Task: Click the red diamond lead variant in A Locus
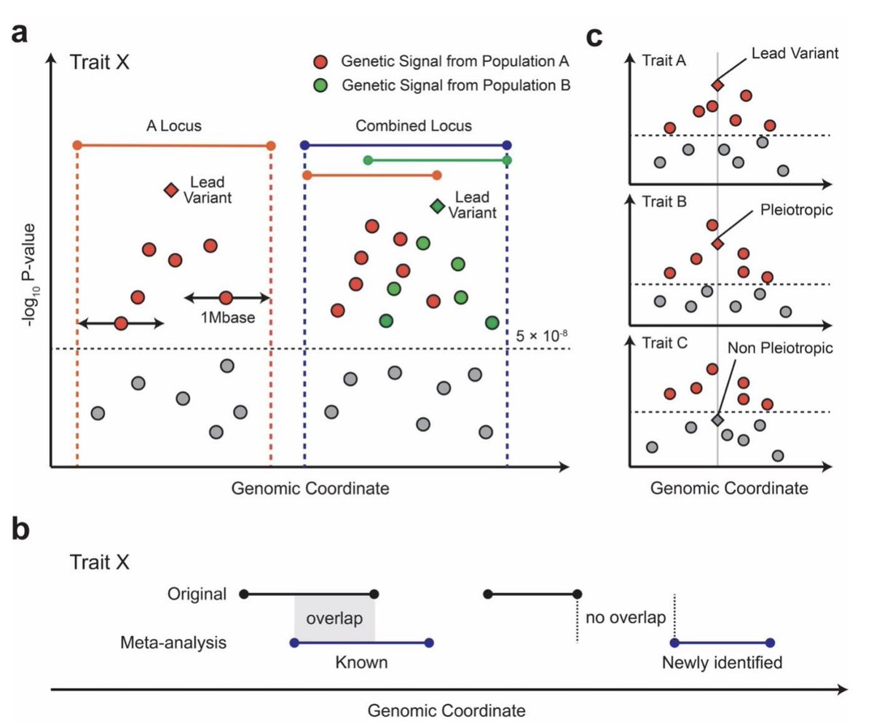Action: [x=170, y=190]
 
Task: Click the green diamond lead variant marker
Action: [x=437, y=207]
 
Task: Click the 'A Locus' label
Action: [x=173, y=126]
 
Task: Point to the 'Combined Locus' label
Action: [x=414, y=126]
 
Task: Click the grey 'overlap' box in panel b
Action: [x=334, y=619]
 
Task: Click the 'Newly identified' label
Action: [x=722, y=663]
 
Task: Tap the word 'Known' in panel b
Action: [x=361, y=663]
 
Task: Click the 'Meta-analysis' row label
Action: [x=173, y=643]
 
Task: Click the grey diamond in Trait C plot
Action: [x=717, y=420]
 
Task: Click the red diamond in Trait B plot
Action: [x=717, y=244]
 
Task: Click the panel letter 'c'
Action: [x=595, y=36]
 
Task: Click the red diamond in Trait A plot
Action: [x=717, y=85]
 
